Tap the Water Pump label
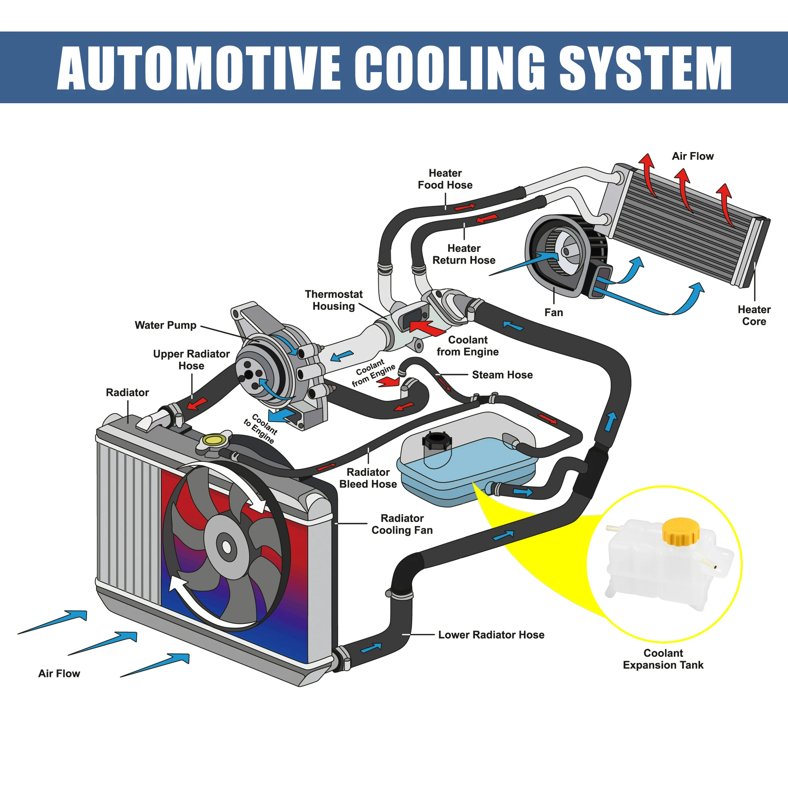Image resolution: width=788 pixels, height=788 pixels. [x=165, y=325]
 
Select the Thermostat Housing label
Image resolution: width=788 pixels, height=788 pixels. [x=334, y=300]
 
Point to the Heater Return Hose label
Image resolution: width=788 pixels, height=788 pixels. [x=464, y=254]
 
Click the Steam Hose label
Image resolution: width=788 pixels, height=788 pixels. [x=502, y=375]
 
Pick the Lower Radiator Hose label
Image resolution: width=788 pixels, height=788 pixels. [x=491, y=635]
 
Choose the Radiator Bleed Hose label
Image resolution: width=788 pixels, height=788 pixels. [x=368, y=478]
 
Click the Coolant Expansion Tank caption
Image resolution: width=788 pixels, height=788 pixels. [x=663, y=659]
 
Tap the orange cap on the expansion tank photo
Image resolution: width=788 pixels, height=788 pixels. [x=680, y=531]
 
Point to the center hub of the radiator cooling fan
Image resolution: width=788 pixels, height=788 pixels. [x=227, y=547]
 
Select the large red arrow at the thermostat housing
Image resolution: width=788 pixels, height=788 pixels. [x=427, y=328]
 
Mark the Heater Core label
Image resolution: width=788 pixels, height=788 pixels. [x=754, y=315]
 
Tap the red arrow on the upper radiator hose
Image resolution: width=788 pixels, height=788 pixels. [x=197, y=404]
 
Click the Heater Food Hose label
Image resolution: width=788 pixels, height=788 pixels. [x=445, y=179]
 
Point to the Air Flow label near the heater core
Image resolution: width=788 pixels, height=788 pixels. [x=693, y=156]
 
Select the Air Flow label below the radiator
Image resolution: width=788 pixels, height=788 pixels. [x=59, y=673]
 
